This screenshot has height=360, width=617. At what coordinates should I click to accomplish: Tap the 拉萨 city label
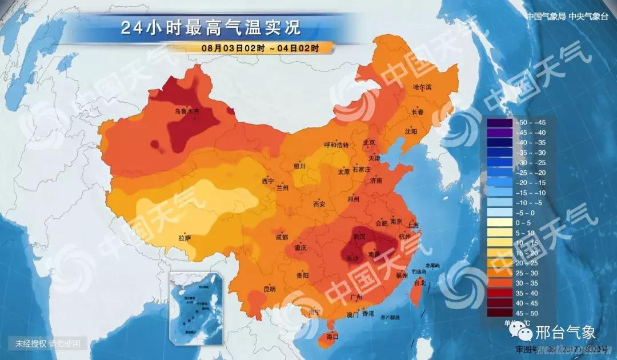click(185, 237)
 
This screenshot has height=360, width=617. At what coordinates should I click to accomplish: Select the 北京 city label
click(370, 142)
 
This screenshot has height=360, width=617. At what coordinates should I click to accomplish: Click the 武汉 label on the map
click(359, 235)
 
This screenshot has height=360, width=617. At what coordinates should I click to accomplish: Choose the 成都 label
click(282, 237)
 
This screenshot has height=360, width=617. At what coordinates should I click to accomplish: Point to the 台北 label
click(419, 282)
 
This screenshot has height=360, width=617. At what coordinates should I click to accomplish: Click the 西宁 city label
click(267, 181)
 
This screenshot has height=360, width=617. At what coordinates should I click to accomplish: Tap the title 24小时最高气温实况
click(210, 28)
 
